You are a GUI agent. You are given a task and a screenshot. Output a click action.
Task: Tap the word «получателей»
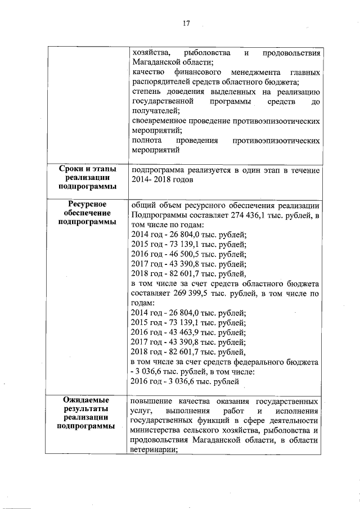pos(153,111)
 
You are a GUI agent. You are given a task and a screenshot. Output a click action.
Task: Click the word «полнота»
pos(145,140)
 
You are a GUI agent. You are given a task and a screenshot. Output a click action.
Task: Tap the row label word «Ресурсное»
pos(87,204)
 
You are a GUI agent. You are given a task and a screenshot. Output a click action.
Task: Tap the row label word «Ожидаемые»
pos(87,400)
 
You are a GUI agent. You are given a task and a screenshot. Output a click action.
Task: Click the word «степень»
pos(145,92)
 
